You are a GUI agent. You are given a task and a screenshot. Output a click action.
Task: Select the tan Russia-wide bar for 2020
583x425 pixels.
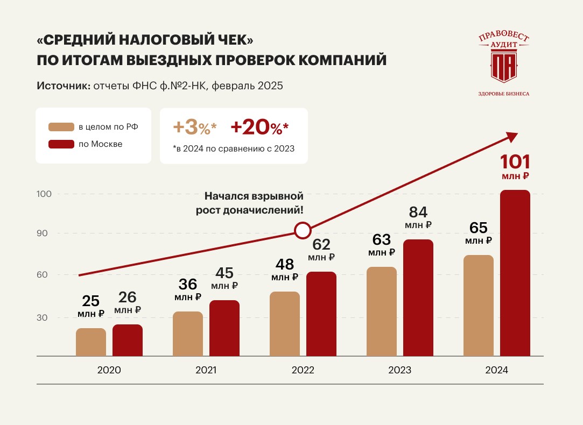(91, 342)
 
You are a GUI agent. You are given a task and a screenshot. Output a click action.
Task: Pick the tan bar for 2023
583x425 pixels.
(382, 311)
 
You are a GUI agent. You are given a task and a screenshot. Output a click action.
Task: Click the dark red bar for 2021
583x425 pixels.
(224, 328)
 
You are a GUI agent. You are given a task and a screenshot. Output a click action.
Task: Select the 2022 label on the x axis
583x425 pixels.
(303, 371)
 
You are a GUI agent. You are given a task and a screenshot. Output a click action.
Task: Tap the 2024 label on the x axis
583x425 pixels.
(496, 371)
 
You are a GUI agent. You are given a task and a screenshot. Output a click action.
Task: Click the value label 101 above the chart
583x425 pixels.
(515, 161)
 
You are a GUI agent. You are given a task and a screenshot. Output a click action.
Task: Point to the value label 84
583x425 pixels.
(418, 212)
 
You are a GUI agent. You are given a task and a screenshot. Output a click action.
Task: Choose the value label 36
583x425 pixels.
(188, 284)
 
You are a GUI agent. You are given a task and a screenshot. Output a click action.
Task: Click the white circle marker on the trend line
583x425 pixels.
(303, 230)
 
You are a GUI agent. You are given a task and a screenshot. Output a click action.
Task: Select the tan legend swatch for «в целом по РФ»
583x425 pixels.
(61, 127)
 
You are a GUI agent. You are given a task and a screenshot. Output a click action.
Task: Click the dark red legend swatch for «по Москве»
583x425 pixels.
(61, 144)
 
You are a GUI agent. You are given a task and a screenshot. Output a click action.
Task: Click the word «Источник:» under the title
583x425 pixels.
(64, 86)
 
